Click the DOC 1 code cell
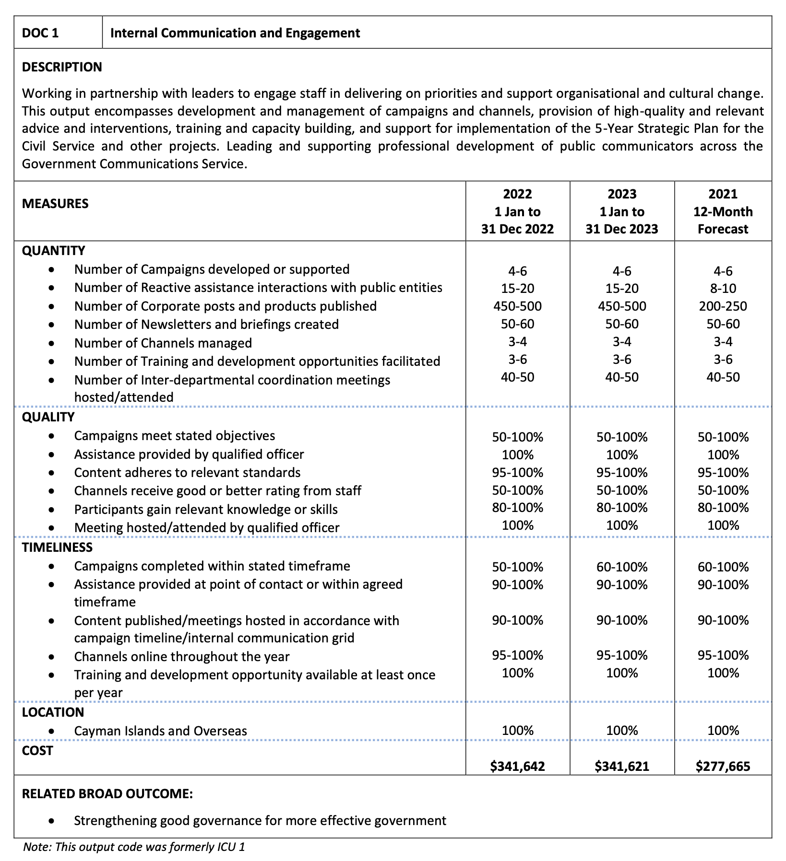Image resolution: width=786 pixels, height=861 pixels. click(41, 33)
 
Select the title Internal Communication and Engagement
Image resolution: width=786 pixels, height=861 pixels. click(235, 33)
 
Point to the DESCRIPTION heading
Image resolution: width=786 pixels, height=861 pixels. click(62, 67)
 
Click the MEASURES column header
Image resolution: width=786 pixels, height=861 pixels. click(55, 204)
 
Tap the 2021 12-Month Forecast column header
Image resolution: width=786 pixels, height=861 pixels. click(723, 211)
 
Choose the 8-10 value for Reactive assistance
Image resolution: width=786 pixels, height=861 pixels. click(723, 289)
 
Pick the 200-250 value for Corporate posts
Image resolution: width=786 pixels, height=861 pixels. click(723, 306)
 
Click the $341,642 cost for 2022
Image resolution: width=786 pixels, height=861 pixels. click(517, 766)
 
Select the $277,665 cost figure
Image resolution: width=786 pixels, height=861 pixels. click(723, 766)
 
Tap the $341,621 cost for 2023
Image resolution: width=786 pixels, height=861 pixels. click(621, 766)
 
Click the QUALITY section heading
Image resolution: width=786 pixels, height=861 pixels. click(48, 417)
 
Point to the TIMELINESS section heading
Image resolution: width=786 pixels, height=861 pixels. click(57, 547)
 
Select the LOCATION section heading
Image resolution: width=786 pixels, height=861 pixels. click(53, 712)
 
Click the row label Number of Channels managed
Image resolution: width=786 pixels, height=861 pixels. click(163, 343)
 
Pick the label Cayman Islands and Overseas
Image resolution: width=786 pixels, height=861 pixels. click(160, 731)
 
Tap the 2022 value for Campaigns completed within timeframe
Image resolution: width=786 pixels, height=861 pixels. click(517, 567)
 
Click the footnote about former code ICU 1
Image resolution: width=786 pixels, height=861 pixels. click(134, 847)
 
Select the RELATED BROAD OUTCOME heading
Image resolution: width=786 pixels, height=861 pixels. click(107, 794)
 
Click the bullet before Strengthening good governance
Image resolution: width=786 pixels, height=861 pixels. click(52, 821)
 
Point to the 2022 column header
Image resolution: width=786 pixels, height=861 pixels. click(517, 211)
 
